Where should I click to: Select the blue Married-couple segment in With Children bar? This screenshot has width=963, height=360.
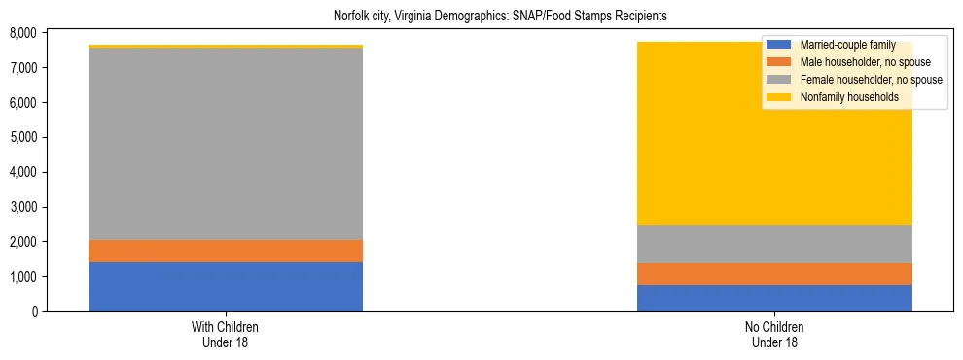226,286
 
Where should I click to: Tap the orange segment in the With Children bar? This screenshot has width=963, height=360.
226,251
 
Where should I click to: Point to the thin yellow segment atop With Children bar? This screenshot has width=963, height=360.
226,46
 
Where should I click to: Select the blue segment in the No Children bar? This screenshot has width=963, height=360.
774,298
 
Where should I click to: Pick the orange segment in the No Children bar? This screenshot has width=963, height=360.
774,273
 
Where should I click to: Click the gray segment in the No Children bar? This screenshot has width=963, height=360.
774,243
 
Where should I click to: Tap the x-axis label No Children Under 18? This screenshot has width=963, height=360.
774,334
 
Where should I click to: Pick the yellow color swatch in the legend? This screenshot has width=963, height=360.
779,97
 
